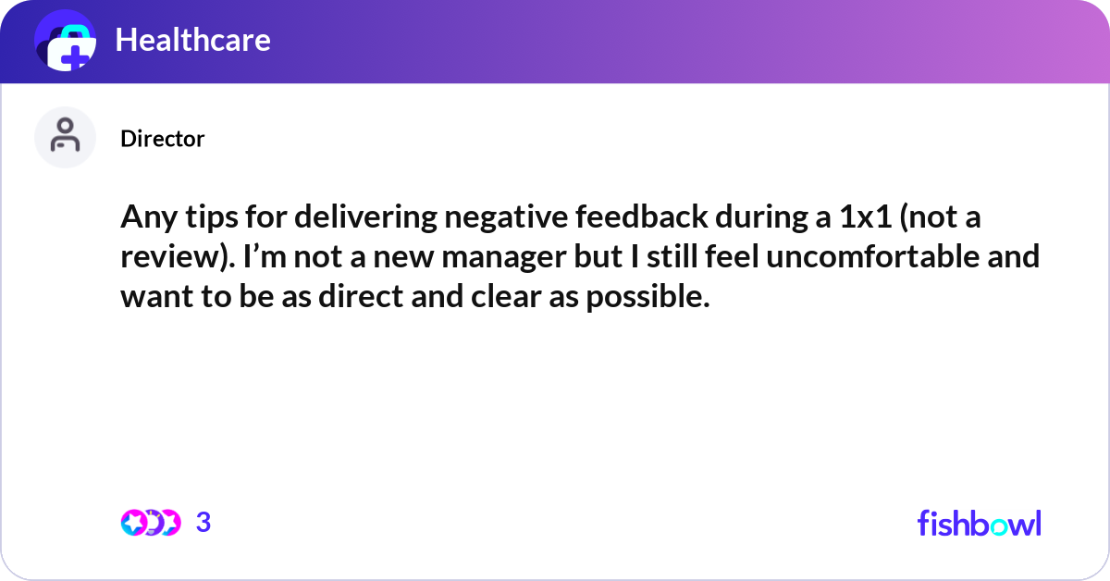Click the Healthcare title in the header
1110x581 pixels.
click(192, 40)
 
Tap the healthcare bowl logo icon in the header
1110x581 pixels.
click(66, 42)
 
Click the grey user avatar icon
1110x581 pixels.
click(65, 138)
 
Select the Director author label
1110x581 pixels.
click(162, 139)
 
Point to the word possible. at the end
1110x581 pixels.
click(647, 297)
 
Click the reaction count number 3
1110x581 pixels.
click(203, 523)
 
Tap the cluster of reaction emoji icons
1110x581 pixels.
click(150, 523)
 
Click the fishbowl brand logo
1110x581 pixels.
click(979, 523)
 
